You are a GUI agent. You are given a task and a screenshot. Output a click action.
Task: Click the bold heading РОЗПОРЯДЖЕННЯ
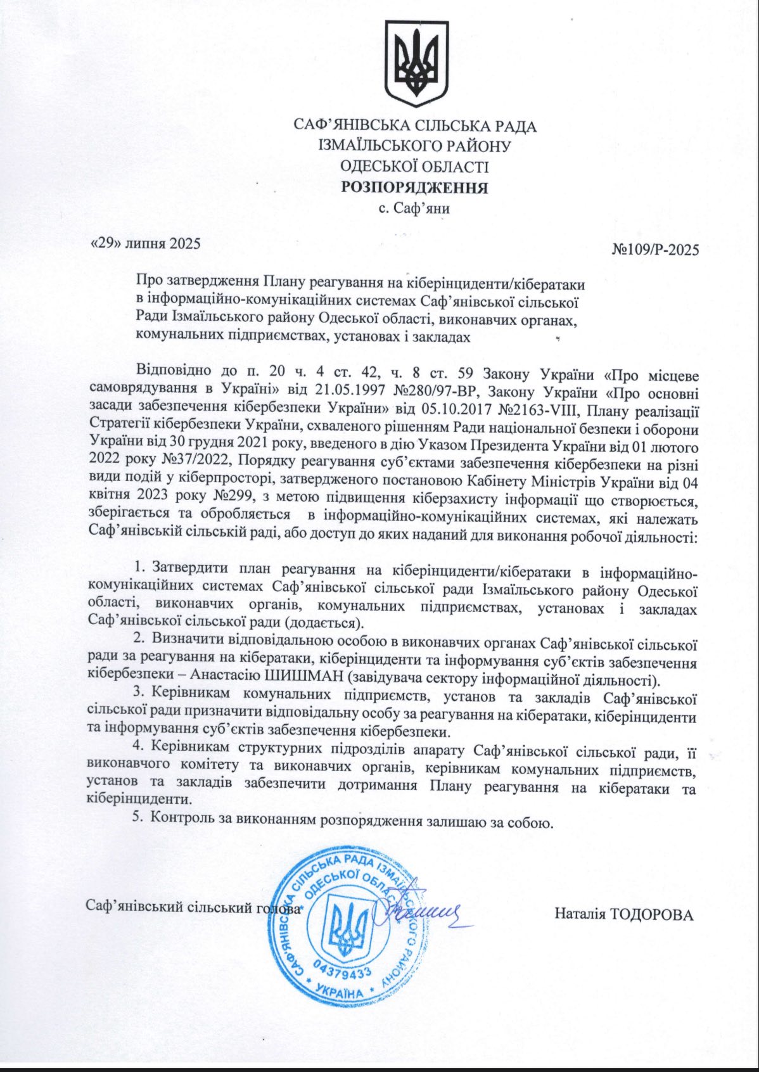415,188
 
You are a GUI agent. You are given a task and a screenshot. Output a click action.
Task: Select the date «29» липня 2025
146,243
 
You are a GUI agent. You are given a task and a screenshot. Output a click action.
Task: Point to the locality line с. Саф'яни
414,207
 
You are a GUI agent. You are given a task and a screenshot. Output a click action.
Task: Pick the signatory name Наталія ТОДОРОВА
624,914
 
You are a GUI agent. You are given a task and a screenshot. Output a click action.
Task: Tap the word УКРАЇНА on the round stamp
340,992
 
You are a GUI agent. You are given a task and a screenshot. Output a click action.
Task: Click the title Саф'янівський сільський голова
193,906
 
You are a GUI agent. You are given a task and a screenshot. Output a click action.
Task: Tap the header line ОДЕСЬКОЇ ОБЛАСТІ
415,167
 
